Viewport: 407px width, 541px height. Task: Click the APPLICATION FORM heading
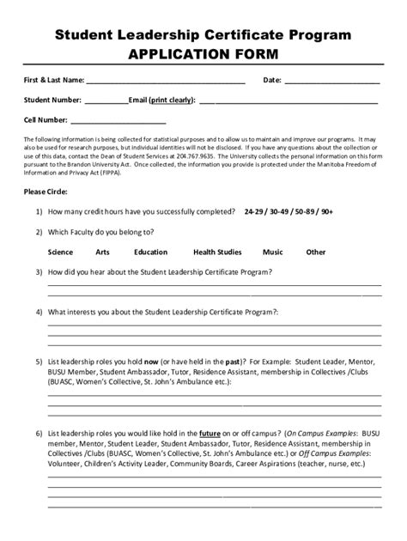[203, 54]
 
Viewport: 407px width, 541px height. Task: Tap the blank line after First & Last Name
[165, 82]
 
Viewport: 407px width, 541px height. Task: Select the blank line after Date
[331, 82]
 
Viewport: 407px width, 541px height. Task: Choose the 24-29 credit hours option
[255, 211]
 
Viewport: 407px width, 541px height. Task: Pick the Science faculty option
[61, 252]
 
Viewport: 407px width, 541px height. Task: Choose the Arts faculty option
[103, 252]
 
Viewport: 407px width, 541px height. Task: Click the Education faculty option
[150, 252]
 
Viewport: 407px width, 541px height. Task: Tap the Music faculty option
[273, 252]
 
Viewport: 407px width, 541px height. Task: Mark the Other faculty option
[316, 252]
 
